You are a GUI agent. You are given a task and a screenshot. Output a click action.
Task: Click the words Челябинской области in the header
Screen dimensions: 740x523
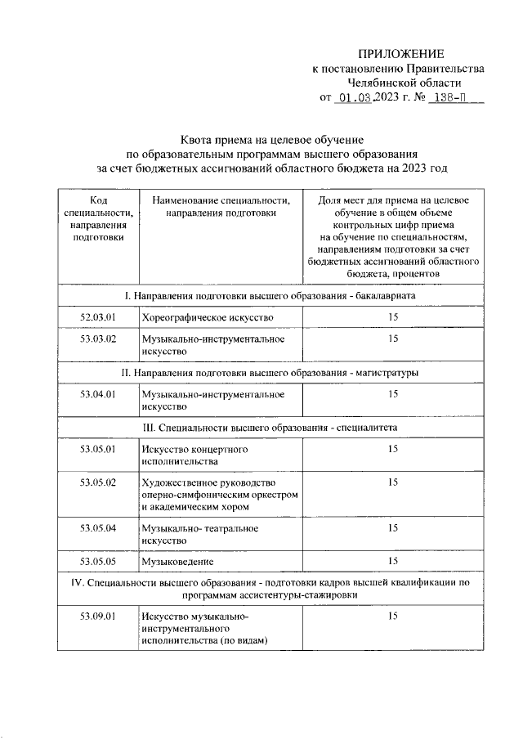[x=404, y=83]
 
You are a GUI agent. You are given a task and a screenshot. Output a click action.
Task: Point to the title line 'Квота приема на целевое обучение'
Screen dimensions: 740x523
[x=271, y=140]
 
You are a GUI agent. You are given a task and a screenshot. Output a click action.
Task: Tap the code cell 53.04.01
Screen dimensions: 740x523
[x=98, y=394]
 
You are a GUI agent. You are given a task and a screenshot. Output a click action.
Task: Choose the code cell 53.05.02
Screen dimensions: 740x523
[x=98, y=482]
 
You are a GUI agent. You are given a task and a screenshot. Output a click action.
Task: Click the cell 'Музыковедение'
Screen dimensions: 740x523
[x=177, y=561]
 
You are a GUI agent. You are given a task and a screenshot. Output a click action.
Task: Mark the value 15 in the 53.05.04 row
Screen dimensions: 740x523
[x=393, y=528]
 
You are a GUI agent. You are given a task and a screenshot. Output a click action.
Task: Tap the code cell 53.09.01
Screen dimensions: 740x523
[x=98, y=616]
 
